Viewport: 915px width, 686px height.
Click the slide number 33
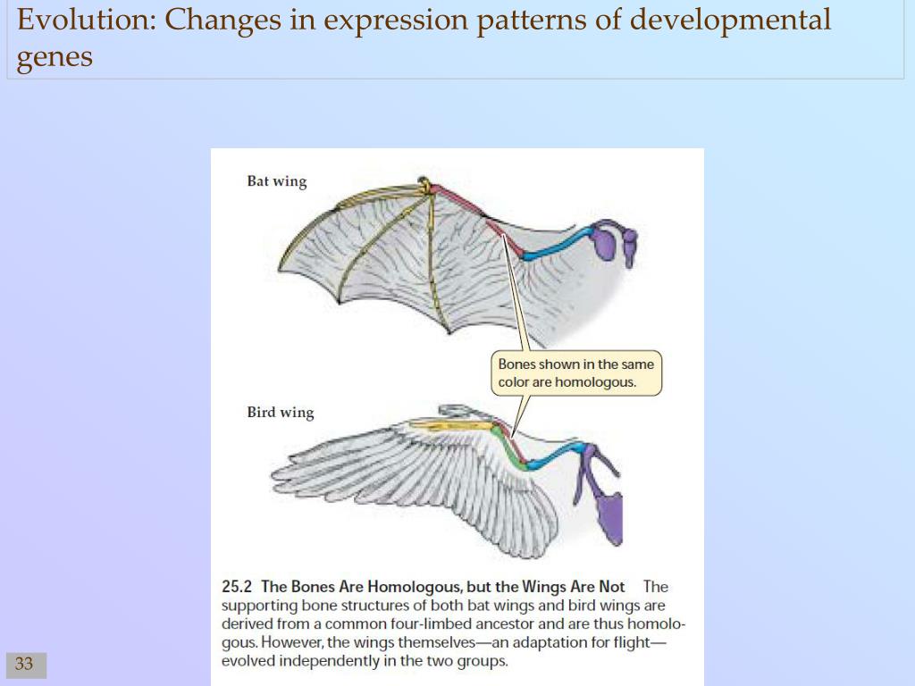coord(24,664)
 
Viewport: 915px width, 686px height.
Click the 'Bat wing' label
coord(276,181)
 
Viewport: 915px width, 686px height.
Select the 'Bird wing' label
coord(281,413)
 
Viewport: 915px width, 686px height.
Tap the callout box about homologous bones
coord(576,372)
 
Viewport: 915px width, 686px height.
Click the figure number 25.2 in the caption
coord(237,587)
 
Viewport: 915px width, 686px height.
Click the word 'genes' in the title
coord(55,57)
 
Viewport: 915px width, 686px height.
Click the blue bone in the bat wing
coord(558,246)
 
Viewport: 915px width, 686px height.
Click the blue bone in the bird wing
coord(558,456)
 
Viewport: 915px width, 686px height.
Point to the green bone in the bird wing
coord(512,451)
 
